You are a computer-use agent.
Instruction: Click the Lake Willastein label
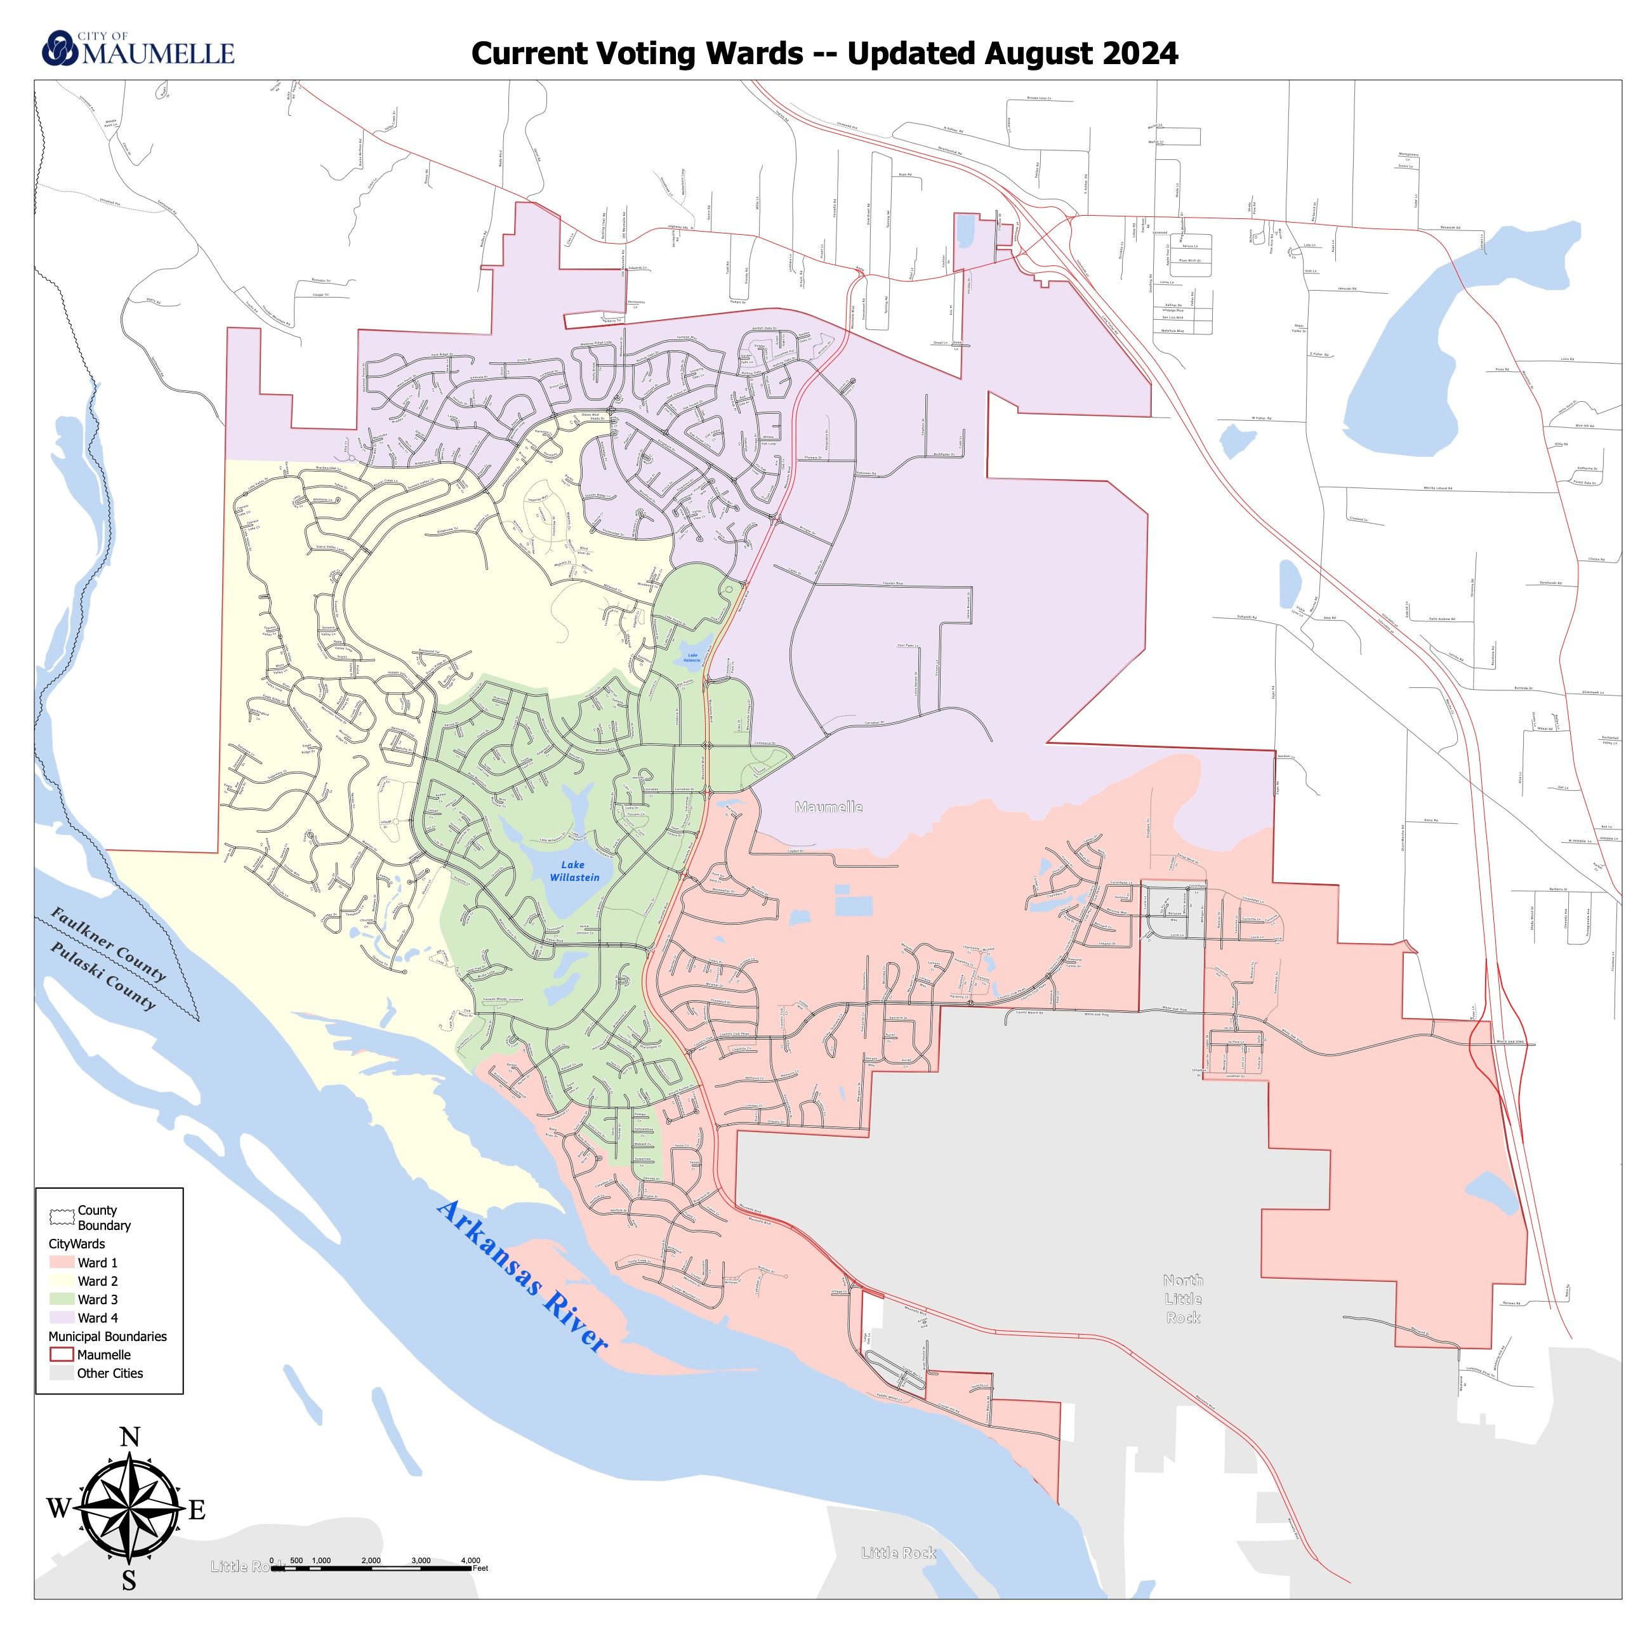point(574,871)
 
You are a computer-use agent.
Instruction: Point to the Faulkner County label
point(108,944)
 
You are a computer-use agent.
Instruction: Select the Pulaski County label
point(103,975)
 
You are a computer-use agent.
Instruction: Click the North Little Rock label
point(1183,1298)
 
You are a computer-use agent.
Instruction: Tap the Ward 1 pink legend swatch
point(62,1263)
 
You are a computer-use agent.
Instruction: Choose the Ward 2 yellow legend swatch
point(62,1281)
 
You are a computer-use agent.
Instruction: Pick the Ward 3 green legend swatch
point(62,1299)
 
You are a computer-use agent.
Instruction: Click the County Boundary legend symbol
point(62,1217)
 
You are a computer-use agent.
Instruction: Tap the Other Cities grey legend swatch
point(62,1373)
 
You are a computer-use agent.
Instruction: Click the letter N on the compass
point(129,1438)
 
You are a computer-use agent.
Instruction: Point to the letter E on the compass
point(197,1510)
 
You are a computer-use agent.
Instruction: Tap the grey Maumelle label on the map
point(828,807)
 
